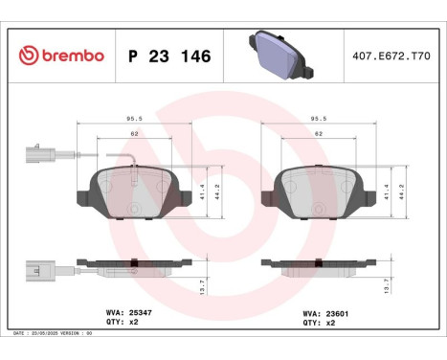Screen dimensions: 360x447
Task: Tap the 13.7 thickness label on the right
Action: tap(385, 284)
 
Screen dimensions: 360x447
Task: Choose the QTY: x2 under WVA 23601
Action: tap(318, 324)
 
